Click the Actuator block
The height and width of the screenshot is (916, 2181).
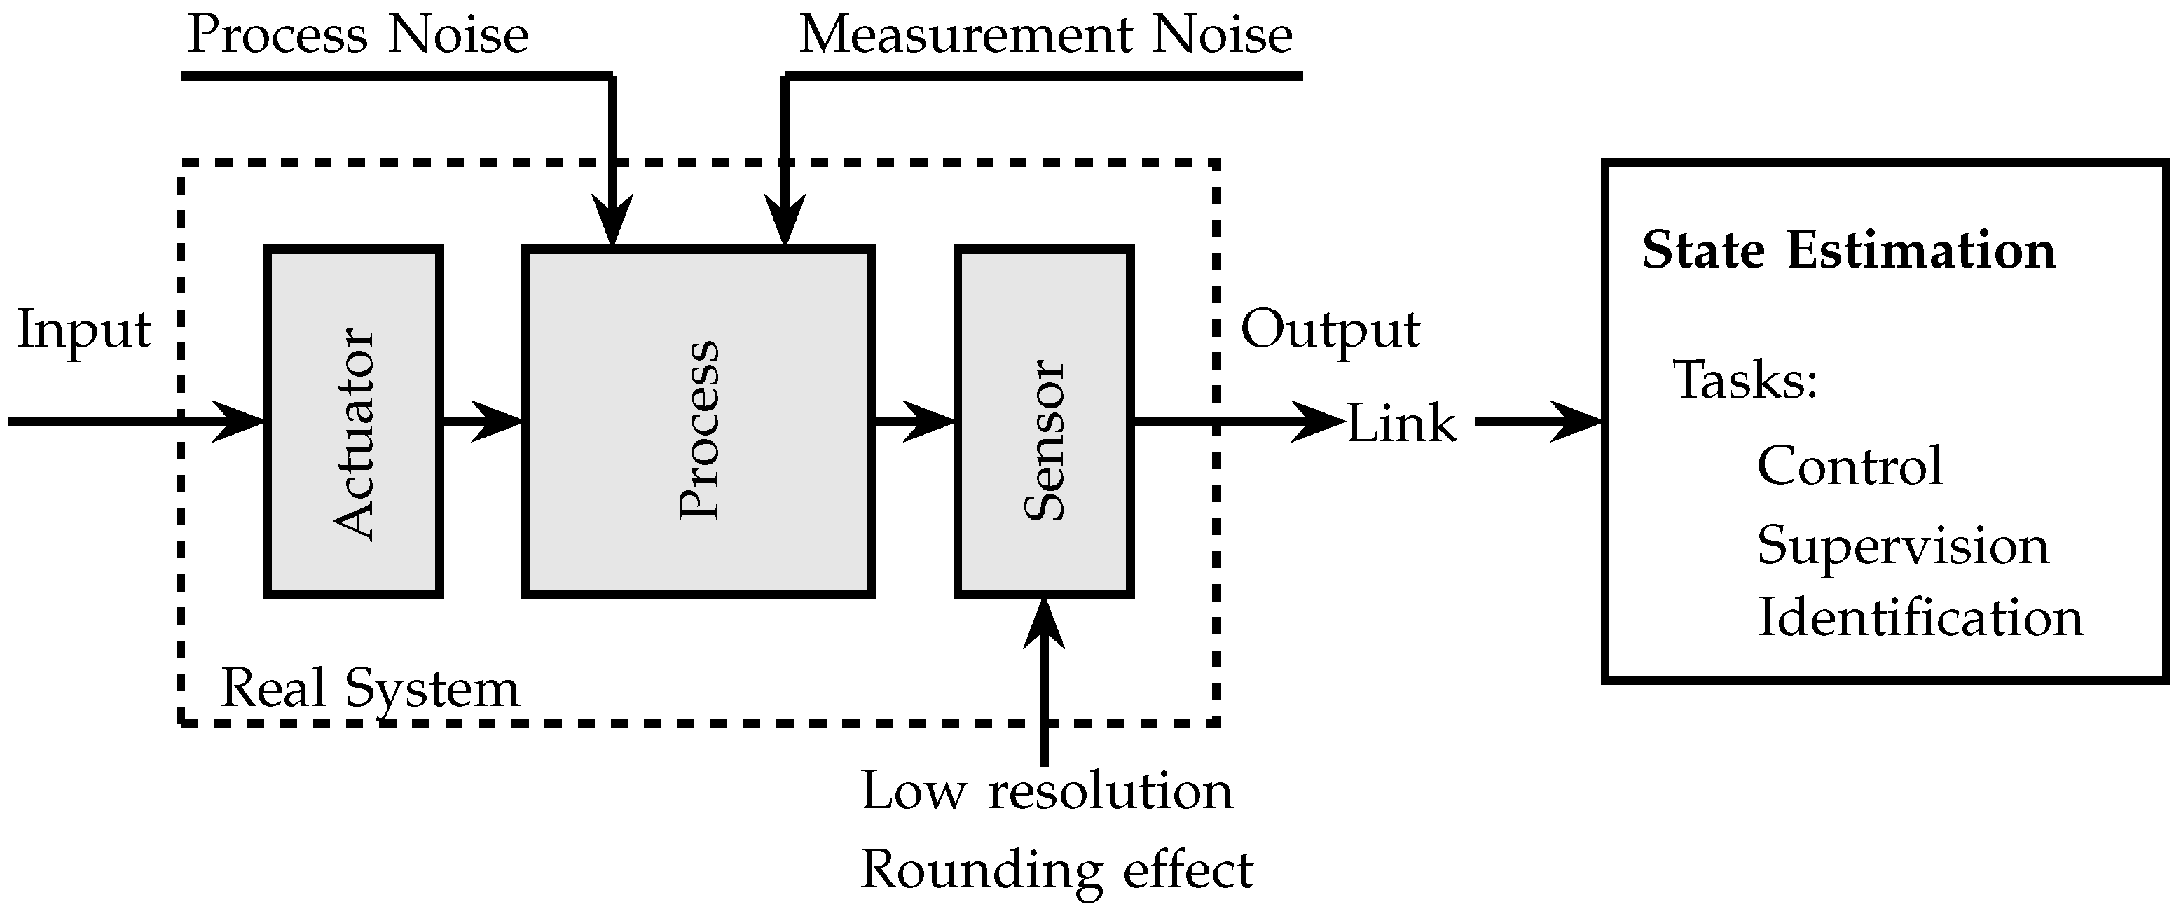[353, 422]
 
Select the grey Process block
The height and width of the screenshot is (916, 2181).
[699, 422]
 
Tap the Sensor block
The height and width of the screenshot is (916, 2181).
[1044, 422]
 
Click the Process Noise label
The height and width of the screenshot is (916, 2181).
[357, 36]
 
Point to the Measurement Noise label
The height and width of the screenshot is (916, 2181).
[1045, 36]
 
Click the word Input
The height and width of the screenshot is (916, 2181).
[83, 330]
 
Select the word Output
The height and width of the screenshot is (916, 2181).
[1329, 330]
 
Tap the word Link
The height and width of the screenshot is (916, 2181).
[1401, 423]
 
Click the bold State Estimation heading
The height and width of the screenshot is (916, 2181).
[1848, 251]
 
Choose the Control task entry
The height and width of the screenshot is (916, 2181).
[1849, 466]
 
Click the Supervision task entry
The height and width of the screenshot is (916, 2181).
[1902, 546]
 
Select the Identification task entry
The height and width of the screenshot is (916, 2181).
[1920, 618]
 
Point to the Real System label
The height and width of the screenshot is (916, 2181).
[370, 688]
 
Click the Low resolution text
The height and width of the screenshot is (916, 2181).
[1047, 791]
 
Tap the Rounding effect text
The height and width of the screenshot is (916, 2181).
[1056, 870]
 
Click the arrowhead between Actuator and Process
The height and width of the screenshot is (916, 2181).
[500, 421]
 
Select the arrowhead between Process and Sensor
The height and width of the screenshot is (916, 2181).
[931, 421]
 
